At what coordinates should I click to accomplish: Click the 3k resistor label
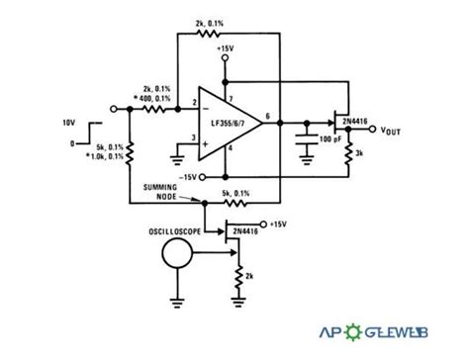click(363, 154)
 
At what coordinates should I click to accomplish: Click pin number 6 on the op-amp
click(268, 117)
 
